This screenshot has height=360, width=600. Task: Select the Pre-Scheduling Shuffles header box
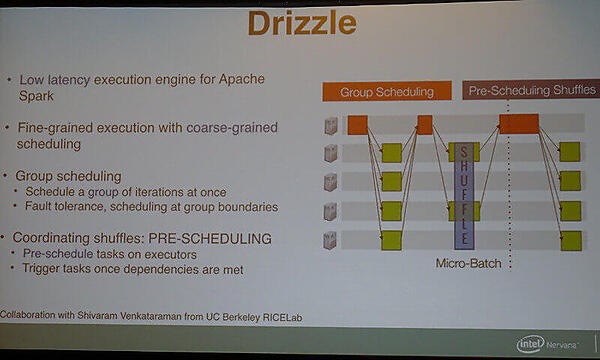[531, 91]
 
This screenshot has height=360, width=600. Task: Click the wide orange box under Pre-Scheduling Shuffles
[519, 123]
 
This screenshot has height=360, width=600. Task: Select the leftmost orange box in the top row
[358, 126]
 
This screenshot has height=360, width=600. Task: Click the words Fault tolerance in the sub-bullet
[69, 206]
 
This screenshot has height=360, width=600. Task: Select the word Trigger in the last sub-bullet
[43, 269]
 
